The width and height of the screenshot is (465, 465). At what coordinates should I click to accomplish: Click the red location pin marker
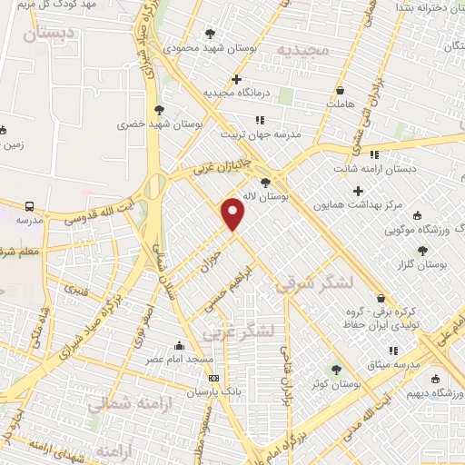click(x=234, y=214)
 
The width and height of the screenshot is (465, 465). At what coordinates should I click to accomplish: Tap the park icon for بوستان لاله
click(x=264, y=182)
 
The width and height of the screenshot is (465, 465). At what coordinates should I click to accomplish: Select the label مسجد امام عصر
click(x=178, y=359)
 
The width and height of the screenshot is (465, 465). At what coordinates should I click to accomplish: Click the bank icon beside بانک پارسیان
click(x=213, y=378)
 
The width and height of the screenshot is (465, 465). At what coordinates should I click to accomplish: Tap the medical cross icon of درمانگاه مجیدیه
click(x=237, y=79)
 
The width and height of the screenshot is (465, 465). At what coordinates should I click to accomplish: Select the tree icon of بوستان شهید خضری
click(x=159, y=110)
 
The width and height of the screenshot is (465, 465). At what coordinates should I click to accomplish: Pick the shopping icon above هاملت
click(x=340, y=91)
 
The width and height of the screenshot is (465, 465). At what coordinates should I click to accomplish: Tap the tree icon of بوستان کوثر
click(x=337, y=369)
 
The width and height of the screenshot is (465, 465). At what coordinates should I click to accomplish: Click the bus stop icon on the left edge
click(x=30, y=206)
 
